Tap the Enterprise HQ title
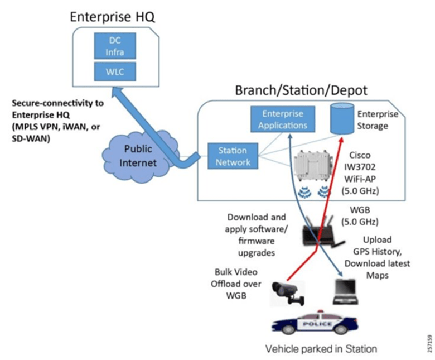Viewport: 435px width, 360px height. tap(112, 16)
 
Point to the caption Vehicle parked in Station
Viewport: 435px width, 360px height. tap(321, 349)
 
